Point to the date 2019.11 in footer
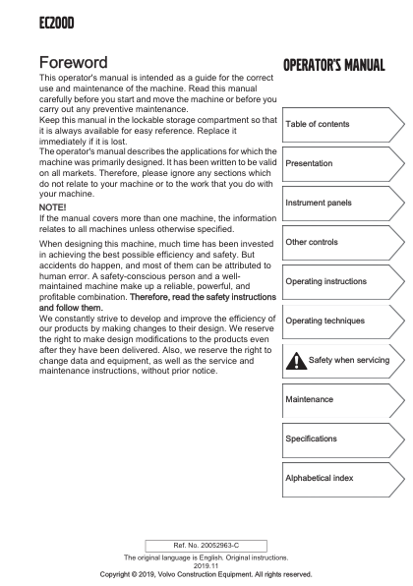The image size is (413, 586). pos(206,565)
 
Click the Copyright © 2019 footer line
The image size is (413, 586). pos(206,574)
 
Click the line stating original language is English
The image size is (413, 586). pos(206,557)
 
